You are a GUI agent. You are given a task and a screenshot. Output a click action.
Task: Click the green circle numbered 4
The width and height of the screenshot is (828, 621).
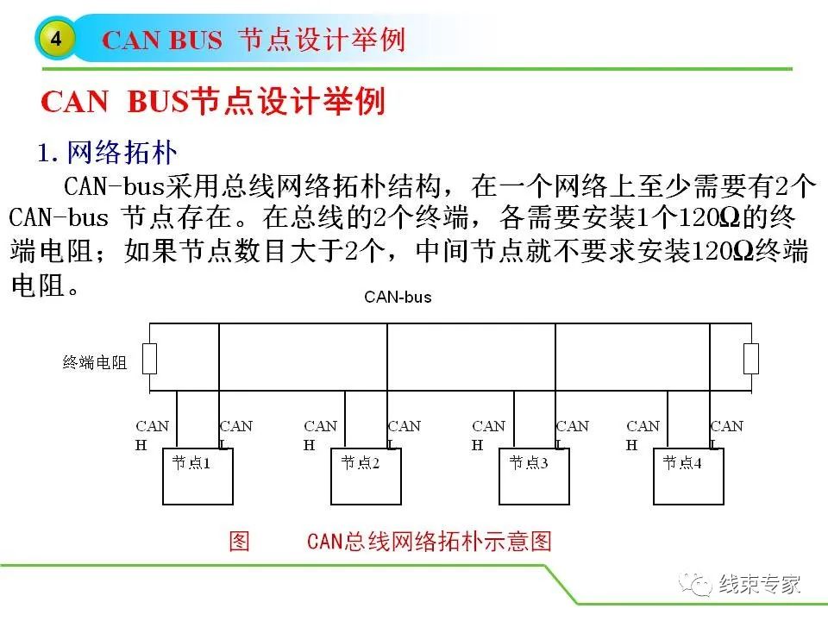click(56, 39)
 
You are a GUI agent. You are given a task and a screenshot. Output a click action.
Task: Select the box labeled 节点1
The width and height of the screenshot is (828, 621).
click(198, 477)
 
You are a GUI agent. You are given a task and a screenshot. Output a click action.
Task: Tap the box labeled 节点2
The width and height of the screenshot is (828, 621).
click(366, 477)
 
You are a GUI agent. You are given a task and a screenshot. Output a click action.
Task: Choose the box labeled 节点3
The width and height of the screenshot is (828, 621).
click(534, 477)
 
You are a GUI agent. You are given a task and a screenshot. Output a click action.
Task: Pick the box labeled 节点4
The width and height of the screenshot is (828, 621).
click(687, 477)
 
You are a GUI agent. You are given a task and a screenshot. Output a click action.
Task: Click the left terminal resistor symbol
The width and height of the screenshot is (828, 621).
click(149, 358)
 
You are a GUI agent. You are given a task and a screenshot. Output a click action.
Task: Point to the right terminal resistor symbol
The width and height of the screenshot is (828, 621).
click(750, 358)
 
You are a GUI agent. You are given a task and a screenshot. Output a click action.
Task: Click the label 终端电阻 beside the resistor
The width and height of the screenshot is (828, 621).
click(95, 363)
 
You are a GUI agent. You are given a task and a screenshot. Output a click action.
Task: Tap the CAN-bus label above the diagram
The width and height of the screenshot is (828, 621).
click(398, 298)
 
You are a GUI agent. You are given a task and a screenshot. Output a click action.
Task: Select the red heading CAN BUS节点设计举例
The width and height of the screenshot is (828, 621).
click(213, 102)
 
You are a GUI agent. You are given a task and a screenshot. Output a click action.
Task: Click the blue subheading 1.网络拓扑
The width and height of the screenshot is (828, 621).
click(107, 154)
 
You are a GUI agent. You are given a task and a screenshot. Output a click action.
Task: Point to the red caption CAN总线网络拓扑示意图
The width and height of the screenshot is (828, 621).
click(429, 542)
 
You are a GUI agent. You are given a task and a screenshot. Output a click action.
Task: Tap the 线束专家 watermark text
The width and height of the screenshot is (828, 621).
click(760, 584)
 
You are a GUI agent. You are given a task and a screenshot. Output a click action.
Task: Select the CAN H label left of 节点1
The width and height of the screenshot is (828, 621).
click(152, 435)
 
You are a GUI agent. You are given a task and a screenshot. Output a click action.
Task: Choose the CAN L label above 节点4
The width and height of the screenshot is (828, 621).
click(725, 434)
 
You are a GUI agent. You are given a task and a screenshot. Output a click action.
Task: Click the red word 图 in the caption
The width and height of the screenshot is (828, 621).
click(239, 542)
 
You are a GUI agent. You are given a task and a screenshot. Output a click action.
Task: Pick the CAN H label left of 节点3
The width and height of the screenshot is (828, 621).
click(488, 435)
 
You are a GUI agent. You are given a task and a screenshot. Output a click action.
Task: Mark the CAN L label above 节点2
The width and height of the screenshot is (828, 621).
click(404, 434)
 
